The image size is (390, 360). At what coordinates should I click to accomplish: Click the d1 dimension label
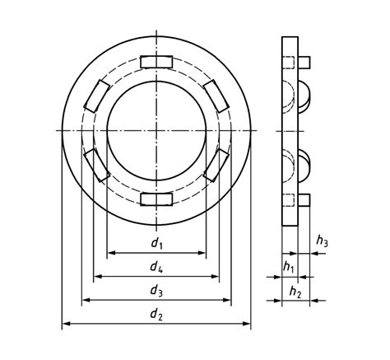156,244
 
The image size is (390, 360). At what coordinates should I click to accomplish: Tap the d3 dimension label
156,290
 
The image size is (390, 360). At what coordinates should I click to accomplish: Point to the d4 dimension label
156,267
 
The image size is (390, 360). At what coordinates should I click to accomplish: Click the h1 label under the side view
288,266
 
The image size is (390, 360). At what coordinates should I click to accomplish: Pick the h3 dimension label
323,241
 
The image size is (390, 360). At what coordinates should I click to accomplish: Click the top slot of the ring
156,62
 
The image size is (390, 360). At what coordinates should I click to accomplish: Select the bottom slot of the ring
156,199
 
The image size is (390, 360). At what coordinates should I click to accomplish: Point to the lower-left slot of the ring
97,165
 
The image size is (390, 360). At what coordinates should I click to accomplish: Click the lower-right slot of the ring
216,165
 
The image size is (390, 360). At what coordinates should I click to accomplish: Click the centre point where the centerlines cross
156,130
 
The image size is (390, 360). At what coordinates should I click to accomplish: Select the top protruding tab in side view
304,62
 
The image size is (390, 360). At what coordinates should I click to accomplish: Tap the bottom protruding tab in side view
304,199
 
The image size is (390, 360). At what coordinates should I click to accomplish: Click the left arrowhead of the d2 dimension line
67,324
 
